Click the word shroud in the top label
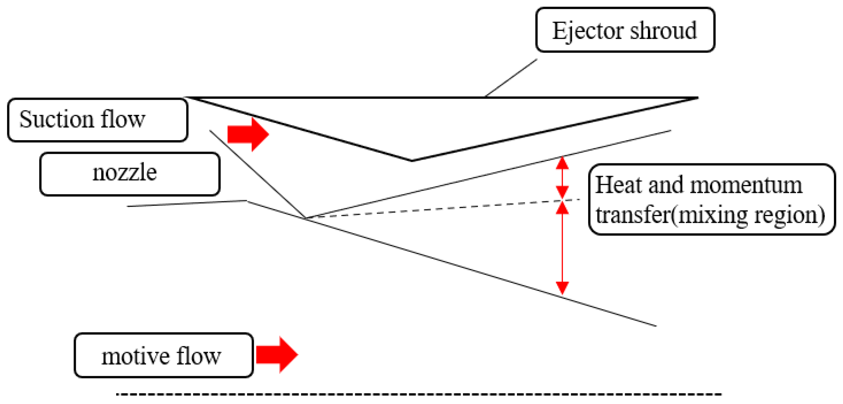[663, 30]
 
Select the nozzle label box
[130, 174]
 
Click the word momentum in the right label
[746, 185]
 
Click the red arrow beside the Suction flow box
[248, 134]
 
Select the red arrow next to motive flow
[277, 354]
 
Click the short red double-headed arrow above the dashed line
[562, 178]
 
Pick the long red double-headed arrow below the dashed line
[562, 248]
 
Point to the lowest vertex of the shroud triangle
[412, 161]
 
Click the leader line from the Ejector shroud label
[511, 78]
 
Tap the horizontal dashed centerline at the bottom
[419, 394]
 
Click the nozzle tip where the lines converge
[306, 218]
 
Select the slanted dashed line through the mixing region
[443, 209]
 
